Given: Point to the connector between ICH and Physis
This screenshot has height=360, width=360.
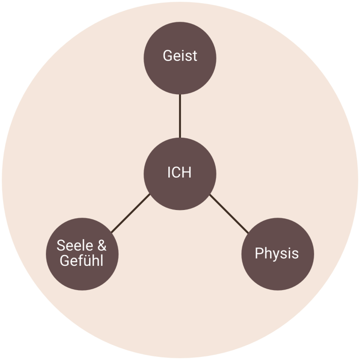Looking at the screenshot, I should point(229,213).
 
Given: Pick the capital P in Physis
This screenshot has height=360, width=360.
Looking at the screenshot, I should point(259,254).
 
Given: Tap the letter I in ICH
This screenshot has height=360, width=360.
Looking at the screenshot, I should point(169,172).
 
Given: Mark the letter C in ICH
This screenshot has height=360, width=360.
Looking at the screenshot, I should point(177,172).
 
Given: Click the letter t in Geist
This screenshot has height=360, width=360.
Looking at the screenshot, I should point(195,56).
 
